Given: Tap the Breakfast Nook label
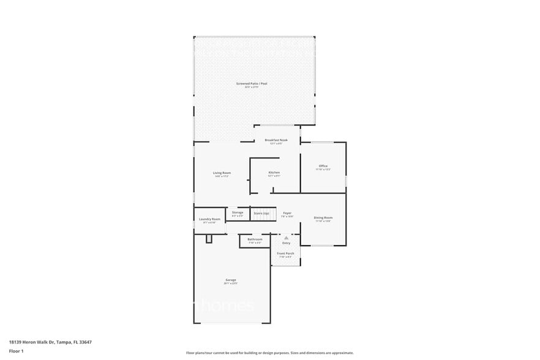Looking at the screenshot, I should [x=276, y=140].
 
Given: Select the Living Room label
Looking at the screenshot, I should [x=222, y=173].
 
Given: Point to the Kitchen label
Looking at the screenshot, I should [x=274, y=173].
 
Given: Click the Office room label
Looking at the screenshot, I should [x=323, y=166].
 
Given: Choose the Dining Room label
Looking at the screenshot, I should [x=323, y=218].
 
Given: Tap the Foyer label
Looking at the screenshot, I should [x=287, y=213].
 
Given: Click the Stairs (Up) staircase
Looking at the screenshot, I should [x=261, y=214].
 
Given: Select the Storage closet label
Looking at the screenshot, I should [x=238, y=212].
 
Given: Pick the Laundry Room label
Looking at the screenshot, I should [x=209, y=219].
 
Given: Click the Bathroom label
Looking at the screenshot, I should [x=255, y=239].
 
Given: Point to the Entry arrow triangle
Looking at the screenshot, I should [x=286, y=237].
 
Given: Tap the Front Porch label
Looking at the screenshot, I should [x=286, y=253].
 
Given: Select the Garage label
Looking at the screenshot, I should [x=230, y=280].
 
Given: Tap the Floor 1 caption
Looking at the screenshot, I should [x=16, y=351].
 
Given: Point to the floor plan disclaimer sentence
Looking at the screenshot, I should [x=269, y=353].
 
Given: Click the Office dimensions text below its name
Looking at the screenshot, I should [x=323, y=170].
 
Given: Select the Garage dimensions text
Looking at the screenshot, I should [x=230, y=283].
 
